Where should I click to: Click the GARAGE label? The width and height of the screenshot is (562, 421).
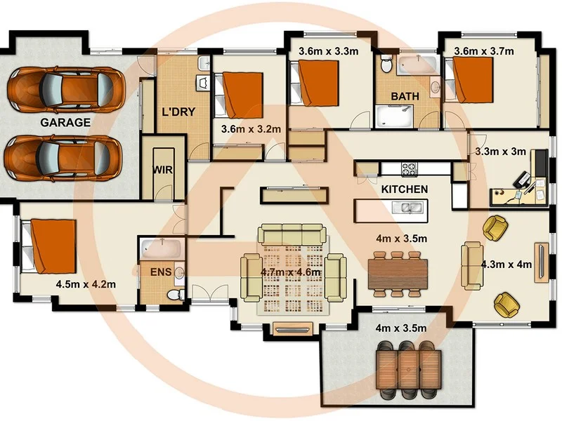tap(65, 123)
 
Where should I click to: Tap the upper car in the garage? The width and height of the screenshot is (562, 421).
tap(65, 88)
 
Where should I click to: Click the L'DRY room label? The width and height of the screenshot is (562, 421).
tap(178, 112)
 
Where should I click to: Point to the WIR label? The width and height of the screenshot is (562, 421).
tap(163, 170)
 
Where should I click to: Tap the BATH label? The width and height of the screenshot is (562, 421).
tap(405, 96)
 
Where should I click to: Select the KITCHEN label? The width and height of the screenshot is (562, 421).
tap(404, 189)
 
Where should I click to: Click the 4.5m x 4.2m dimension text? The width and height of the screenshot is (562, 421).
tap(85, 284)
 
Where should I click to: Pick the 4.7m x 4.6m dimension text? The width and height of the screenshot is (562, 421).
tap(291, 272)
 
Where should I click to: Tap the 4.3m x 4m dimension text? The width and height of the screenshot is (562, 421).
tap(507, 265)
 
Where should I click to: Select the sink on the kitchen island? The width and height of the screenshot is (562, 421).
tap(407, 208)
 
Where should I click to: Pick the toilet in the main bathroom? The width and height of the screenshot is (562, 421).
tap(386, 65)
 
